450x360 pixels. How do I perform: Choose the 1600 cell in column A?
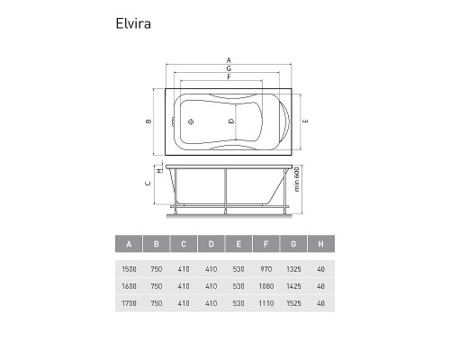[x=130, y=287]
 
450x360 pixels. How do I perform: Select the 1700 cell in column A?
[x=130, y=305]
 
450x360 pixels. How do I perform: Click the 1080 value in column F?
[x=265, y=287]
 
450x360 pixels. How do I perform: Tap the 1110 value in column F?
[x=265, y=305]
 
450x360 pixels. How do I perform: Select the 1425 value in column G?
[x=292, y=287]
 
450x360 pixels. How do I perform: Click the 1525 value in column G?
[x=292, y=305]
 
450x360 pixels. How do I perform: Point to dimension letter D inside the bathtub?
[x=231, y=121]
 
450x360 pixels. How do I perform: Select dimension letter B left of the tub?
[x=147, y=121]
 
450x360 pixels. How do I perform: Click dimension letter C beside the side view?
[x=147, y=184]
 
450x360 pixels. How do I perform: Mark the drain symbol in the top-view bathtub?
[x=191, y=121]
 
